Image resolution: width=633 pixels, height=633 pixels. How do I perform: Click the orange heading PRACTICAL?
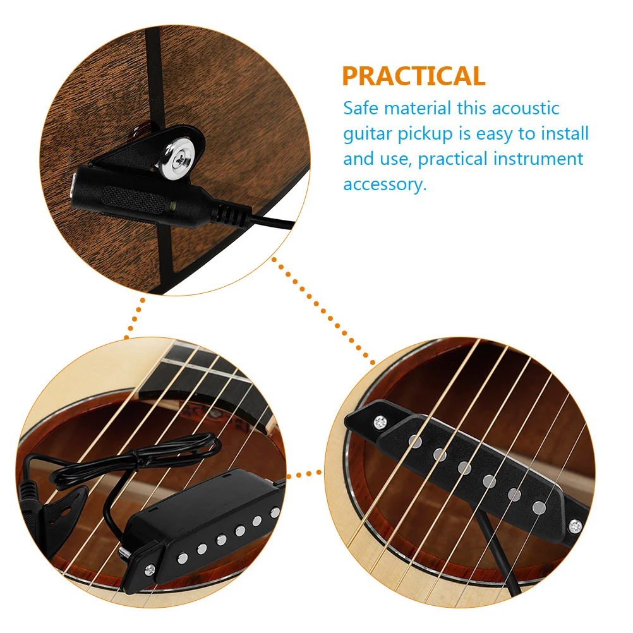click(x=413, y=76)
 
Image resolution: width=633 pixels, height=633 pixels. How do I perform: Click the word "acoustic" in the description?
click(x=526, y=108)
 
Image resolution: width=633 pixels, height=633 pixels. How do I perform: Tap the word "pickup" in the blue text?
click(x=425, y=135)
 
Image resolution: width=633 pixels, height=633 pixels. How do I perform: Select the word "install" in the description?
click(x=565, y=133)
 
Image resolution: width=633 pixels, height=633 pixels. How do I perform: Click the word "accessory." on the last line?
click(x=385, y=184)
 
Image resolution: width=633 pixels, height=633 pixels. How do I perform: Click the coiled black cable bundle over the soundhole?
click(x=137, y=461)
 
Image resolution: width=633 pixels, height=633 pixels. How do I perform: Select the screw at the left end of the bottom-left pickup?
click(x=149, y=569)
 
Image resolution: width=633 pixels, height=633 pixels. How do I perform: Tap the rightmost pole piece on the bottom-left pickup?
click(x=275, y=513)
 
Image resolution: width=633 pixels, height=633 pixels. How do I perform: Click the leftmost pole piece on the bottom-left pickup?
click(x=183, y=558)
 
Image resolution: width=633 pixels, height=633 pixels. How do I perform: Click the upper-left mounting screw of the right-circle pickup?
click(x=380, y=422)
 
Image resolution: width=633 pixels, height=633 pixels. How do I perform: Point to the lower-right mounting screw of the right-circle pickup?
click(x=575, y=526)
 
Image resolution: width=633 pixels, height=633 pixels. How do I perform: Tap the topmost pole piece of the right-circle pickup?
click(x=415, y=441)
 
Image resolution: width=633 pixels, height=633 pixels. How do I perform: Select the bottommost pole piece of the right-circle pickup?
click(x=538, y=508)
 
